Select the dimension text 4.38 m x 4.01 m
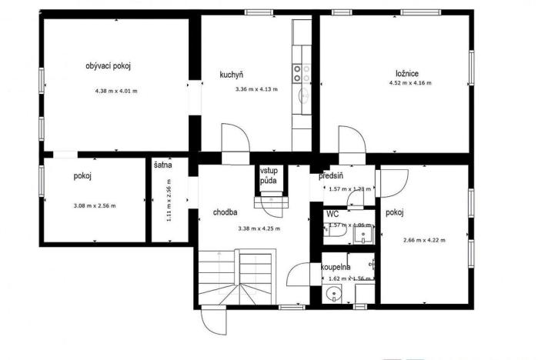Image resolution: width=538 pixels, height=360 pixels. click(x=115, y=92)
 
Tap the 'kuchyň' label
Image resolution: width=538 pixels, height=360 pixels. click(x=231, y=75)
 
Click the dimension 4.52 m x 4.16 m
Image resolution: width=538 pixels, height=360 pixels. click(x=409, y=83)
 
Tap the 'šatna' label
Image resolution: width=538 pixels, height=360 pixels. click(x=162, y=165)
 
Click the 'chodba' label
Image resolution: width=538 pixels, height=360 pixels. click(x=225, y=212)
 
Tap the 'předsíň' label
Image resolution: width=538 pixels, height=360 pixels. click(x=331, y=176)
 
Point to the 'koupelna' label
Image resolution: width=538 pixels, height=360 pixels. click(x=336, y=267)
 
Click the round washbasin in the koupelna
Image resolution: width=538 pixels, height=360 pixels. click(x=332, y=292)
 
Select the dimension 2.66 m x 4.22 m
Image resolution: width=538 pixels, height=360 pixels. click(x=424, y=240)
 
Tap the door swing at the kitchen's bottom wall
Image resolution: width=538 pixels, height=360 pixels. click(x=234, y=138)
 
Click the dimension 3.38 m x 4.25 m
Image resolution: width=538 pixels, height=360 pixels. click(x=259, y=228)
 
